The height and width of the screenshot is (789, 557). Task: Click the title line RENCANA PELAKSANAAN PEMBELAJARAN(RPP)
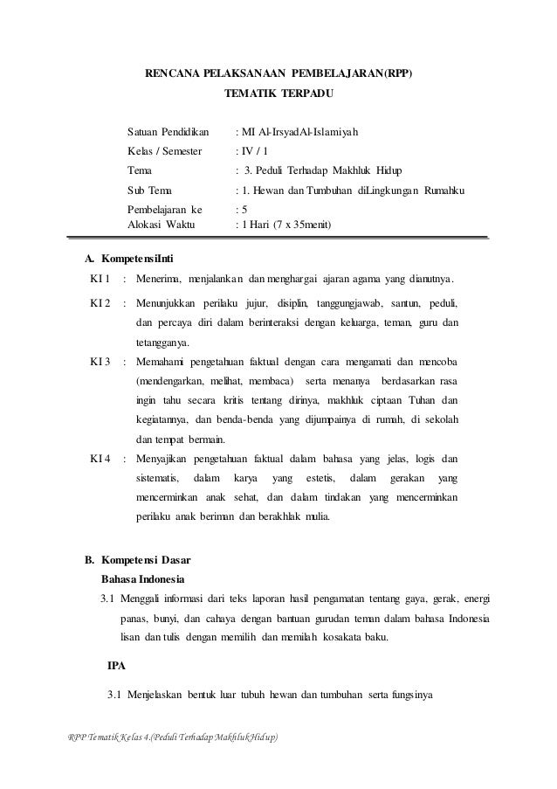[x=278, y=74]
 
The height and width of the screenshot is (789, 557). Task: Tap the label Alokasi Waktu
[x=162, y=224]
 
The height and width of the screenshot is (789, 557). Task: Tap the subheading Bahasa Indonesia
[x=143, y=579]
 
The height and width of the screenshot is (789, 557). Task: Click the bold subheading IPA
[x=117, y=666]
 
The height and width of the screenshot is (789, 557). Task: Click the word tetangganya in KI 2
[x=162, y=343]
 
